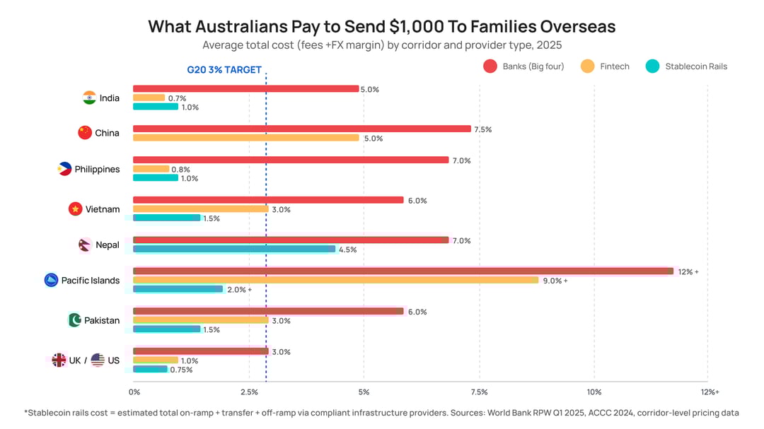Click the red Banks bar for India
245,88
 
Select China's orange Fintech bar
245,138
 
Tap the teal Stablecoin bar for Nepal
233,249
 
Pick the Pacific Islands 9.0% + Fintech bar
335,280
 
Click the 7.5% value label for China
482,129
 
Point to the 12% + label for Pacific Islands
688,271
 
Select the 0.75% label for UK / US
181,370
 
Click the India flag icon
89,98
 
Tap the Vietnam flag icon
75,209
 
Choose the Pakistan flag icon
74,320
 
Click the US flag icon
97,360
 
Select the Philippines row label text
97,170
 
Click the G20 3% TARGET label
224,70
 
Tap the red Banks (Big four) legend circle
490,66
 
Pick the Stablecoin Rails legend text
695,66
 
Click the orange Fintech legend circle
587,66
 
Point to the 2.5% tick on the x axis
248,392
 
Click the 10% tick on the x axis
594,392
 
